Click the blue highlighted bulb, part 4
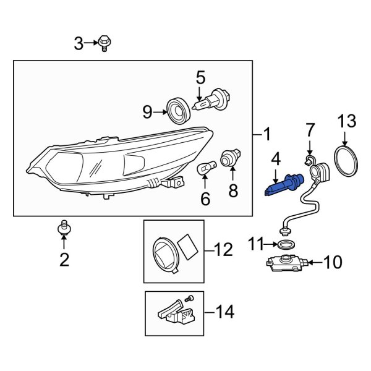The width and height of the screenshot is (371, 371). click(282, 185)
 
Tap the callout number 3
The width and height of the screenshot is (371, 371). click(79, 43)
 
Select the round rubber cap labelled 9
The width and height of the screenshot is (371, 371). click(179, 112)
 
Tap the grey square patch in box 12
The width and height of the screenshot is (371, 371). click(189, 245)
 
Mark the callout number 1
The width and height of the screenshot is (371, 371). click(267, 134)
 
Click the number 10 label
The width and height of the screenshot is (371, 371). click(332, 263)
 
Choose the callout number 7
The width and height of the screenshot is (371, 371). click(310, 130)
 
